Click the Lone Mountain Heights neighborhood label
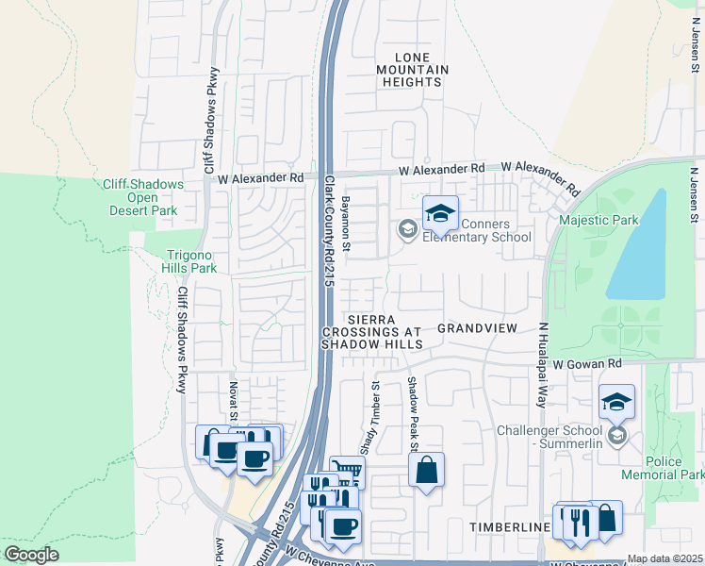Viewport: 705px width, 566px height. point(412,70)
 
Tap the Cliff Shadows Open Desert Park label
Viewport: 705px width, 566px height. point(143,198)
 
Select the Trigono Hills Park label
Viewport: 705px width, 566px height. point(191,261)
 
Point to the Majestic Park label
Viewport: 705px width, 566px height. point(598,221)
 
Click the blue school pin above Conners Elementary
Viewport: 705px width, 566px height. point(439,215)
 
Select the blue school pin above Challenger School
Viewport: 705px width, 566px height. point(616,403)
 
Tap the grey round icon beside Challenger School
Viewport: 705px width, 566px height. point(616,435)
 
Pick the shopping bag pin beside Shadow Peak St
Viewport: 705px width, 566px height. point(426,470)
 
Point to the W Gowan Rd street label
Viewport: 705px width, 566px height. point(587,363)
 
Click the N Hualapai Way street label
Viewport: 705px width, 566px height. point(543,364)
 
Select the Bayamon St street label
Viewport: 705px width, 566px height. point(346,224)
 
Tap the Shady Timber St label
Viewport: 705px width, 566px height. point(375,416)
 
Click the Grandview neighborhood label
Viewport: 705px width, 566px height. point(477,328)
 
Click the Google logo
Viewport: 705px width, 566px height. point(31,555)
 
